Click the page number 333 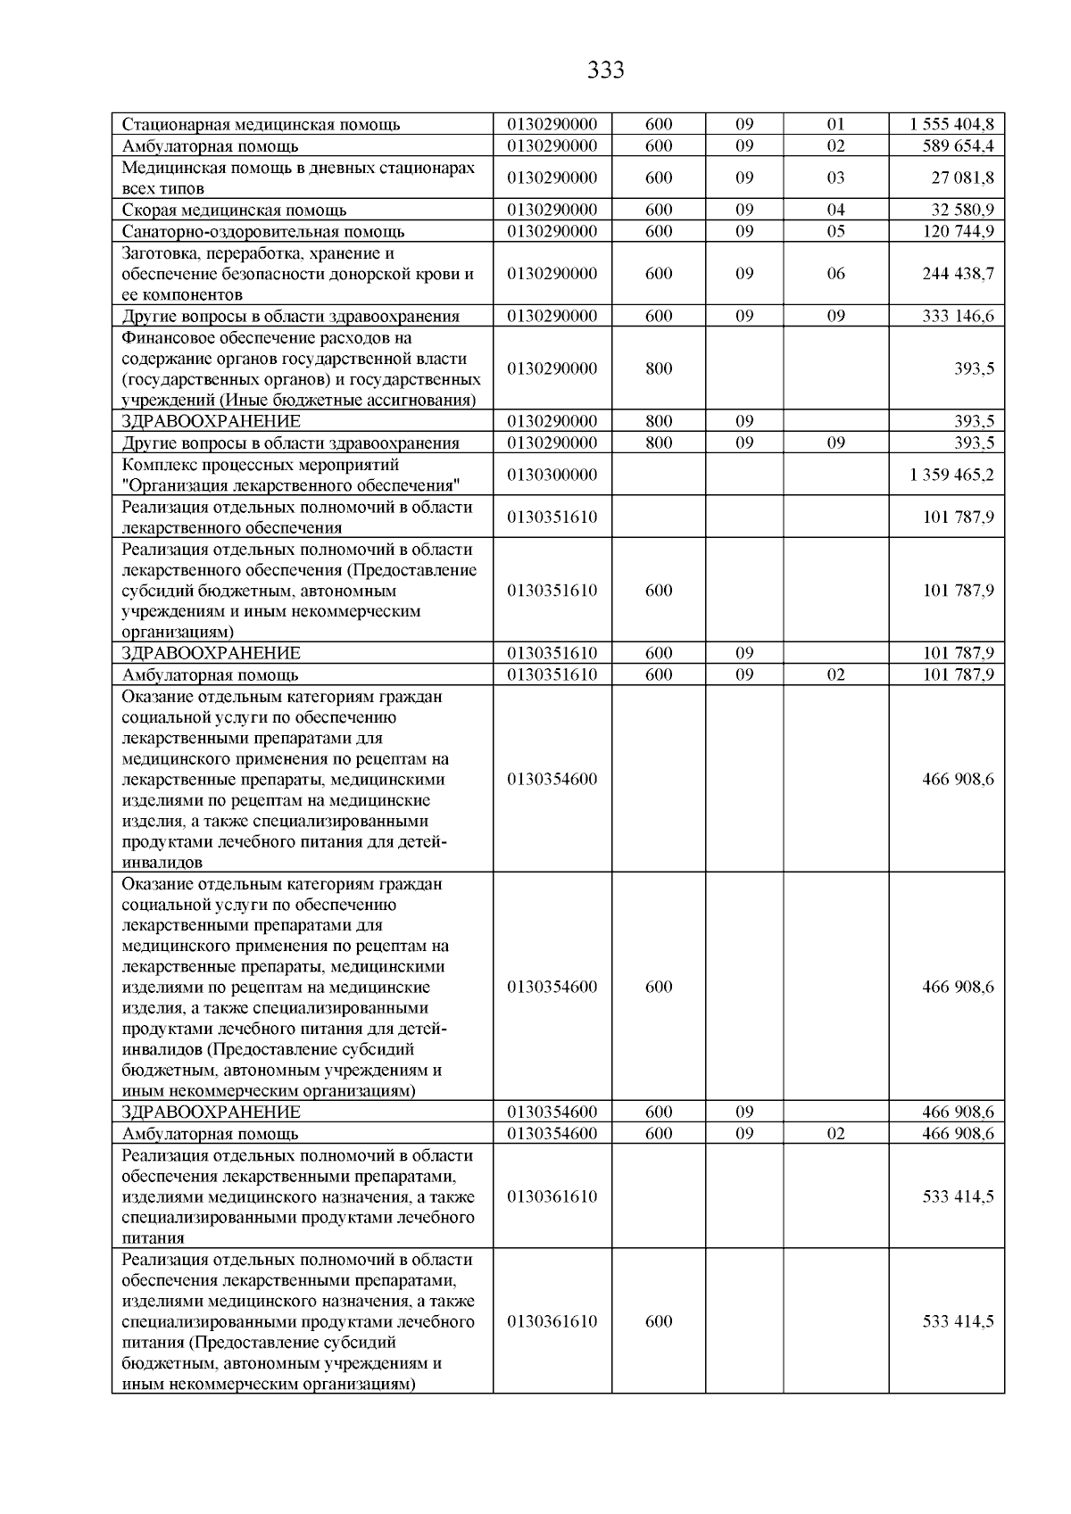pyautogui.click(x=606, y=70)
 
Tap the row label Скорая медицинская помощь pyautogui.click(x=234, y=211)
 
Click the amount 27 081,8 pyautogui.click(x=962, y=178)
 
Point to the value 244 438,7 pyautogui.click(x=958, y=274)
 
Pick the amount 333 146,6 pyautogui.click(x=958, y=316)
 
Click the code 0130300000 pyautogui.click(x=552, y=475)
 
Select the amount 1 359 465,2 pyautogui.click(x=951, y=475)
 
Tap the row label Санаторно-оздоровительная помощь pyautogui.click(x=262, y=232)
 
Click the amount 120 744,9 pyautogui.click(x=958, y=232)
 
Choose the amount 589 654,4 pyautogui.click(x=958, y=146)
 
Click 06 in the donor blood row pyautogui.click(x=835, y=274)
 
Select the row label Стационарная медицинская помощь pyautogui.click(x=261, y=125)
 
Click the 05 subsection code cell pyautogui.click(x=835, y=232)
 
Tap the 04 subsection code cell pyautogui.click(x=835, y=211)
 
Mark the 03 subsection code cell pyautogui.click(x=835, y=178)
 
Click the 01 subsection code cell pyautogui.click(x=835, y=125)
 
